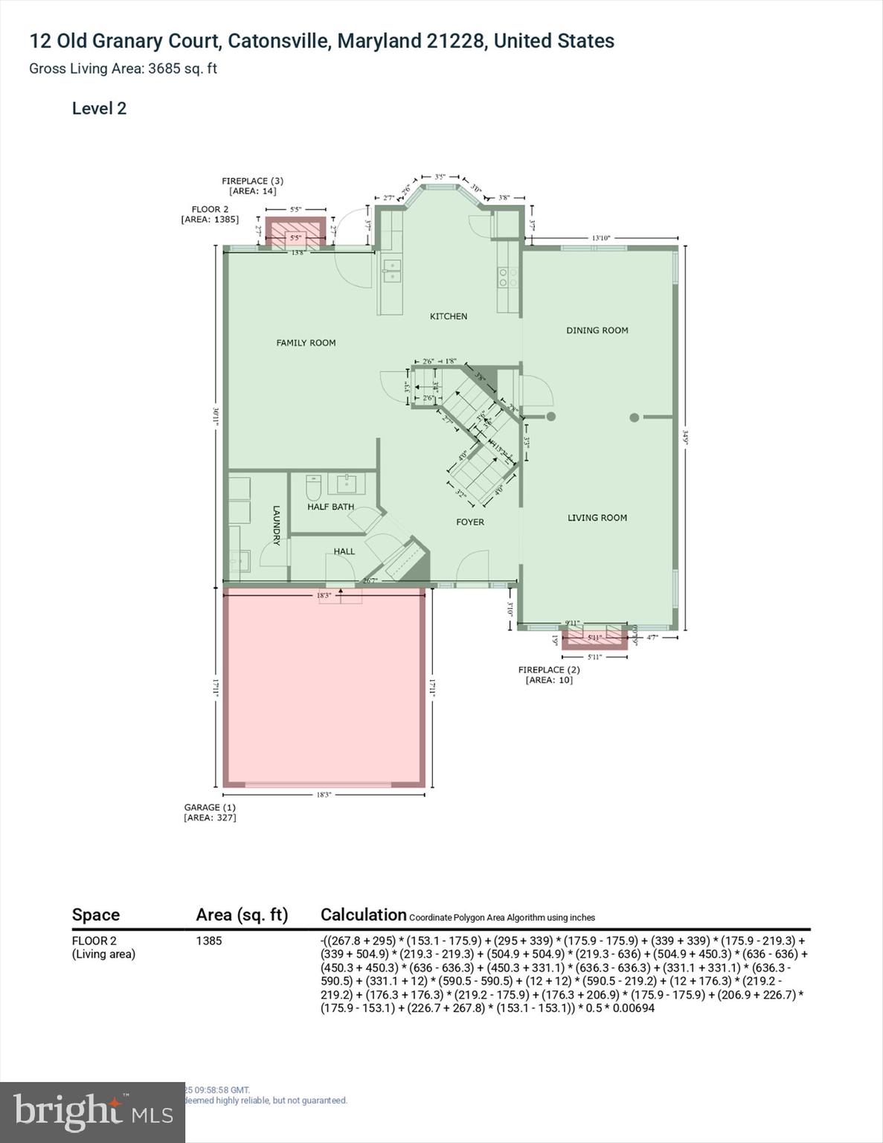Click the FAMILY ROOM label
tap(306, 343)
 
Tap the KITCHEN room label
tap(449, 316)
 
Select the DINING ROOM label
tap(597, 330)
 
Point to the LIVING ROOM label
tap(597, 518)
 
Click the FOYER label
tap(470, 522)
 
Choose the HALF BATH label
tap(330, 507)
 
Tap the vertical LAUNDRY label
tap(276, 525)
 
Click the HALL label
tap(344, 551)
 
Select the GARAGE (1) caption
tap(210, 807)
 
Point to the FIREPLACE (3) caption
tap(252, 181)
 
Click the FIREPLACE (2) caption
tap(549, 670)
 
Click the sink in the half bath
tap(347, 484)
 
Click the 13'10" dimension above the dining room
tap(600, 238)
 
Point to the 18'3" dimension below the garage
tap(324, 795)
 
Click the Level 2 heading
tap(99, 109)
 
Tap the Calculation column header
tap(363, 915)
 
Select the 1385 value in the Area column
tap(209, 941)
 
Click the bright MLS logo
tap(92, 1112)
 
